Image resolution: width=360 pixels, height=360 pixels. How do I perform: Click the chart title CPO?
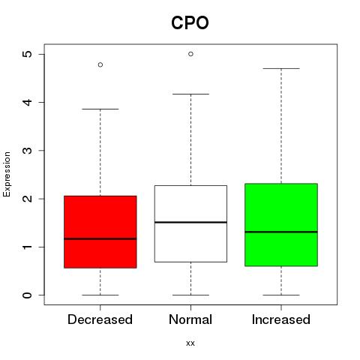pos(190,22)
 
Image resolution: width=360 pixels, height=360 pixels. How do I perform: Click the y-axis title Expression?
pos(7,174)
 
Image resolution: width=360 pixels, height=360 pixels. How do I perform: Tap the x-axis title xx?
pos(190,343)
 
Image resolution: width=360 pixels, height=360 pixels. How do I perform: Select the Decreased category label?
pos(100,319)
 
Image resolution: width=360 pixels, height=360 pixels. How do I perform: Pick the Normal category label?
pos(190,319)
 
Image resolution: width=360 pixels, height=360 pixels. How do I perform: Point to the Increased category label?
pos(281,319)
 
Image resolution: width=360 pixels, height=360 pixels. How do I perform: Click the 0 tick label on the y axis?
pos(28,295)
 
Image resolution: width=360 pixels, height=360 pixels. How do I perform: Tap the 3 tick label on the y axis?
pos(28,150)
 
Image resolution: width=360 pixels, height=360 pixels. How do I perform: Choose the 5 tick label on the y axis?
pos(28,54)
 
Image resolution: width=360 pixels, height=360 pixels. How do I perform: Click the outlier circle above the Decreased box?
pos(100,64)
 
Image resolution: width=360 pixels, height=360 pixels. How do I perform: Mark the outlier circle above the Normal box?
pos(190,54)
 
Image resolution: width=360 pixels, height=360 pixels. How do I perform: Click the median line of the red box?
pos(100,238)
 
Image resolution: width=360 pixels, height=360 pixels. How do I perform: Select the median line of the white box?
pos(190,222)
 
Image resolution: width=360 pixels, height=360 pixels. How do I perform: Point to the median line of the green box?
pos(281,232)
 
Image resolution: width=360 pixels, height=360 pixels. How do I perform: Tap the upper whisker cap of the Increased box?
pos(281,68)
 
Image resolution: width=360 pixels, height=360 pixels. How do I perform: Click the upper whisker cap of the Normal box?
pos(190,94)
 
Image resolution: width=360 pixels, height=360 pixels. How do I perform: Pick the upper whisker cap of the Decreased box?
pos(100,109)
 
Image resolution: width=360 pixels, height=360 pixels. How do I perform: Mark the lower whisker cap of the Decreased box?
pos(100,295)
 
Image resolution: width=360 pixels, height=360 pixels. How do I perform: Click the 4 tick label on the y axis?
pos(28,102)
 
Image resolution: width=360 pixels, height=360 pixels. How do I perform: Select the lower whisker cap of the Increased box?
pos(281,295)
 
